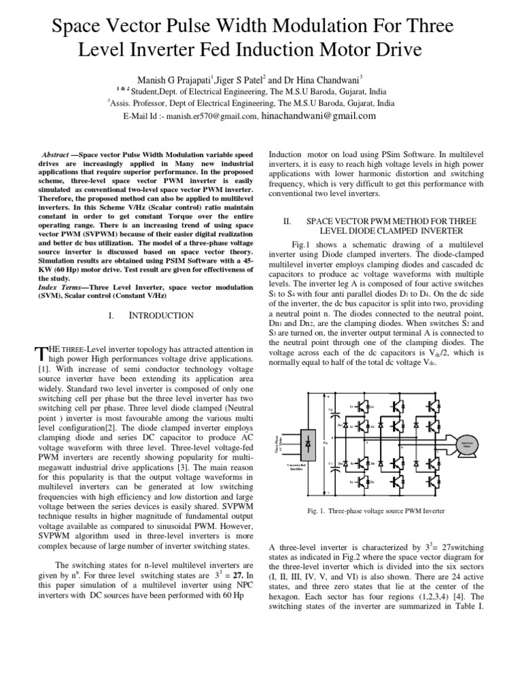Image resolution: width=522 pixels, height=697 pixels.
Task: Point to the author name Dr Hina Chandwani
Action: click(x=330, y=79)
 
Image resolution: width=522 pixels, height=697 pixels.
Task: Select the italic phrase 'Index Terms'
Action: click(x=57, y=288)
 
